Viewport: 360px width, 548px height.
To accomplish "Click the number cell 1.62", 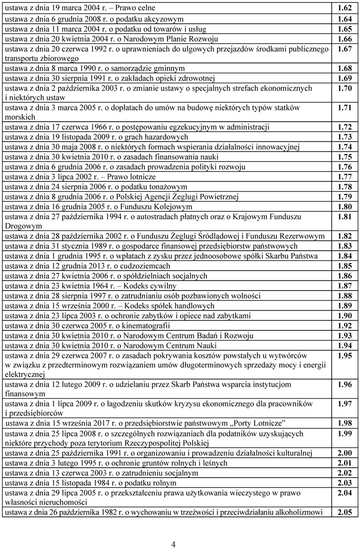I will click(x=345, y=8).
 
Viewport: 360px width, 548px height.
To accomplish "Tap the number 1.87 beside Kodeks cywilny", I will click(x=345, y=286).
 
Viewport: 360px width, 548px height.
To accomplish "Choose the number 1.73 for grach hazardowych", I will click(x=345, y=137).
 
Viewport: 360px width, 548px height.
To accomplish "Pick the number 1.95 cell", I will click(x=345, y=356).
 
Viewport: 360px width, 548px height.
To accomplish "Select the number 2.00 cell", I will click(x=345, y=452).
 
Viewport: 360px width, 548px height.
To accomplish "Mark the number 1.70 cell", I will click(x=345, y=89).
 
